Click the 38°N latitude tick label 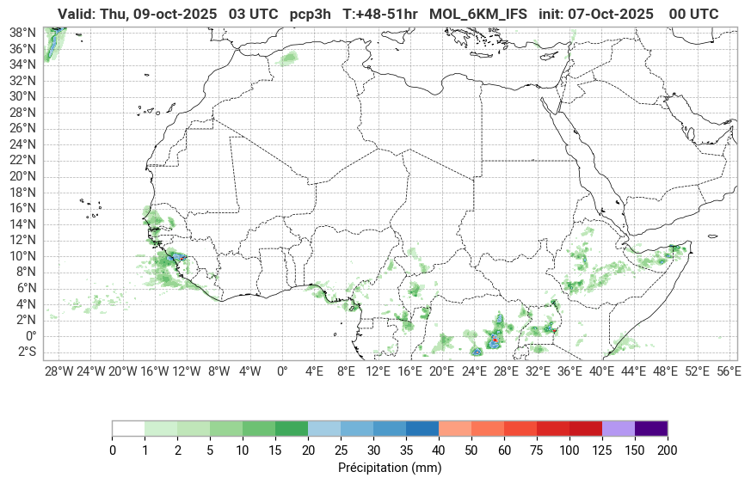(x=22, y=32)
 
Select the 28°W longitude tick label (x=58, y=371)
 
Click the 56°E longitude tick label (x=729, y=371)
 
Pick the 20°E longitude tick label (x=441, y=371)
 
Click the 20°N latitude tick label (x=22, y=176)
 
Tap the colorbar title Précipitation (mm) (x=390, y=469)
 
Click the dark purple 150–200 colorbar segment (x=651, y=428)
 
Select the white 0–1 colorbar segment (x=128, y=428)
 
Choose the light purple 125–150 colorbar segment (x=619, y=428)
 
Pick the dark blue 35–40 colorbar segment (x=422, y=428)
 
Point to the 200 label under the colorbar (x=668, y=450)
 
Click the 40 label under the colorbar (x=439, y=450)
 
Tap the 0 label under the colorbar (x=112, y=450)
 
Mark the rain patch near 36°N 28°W (x=53, y=43)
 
